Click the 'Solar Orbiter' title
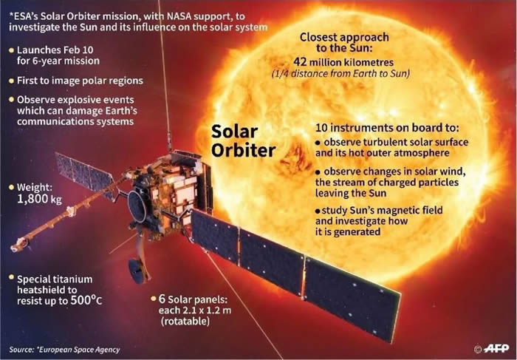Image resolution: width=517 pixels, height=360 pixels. [x=243, y=141]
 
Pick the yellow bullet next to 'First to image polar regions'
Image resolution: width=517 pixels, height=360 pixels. [x=10, y=78]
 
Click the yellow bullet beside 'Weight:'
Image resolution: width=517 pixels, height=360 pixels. [x=10, y=186]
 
